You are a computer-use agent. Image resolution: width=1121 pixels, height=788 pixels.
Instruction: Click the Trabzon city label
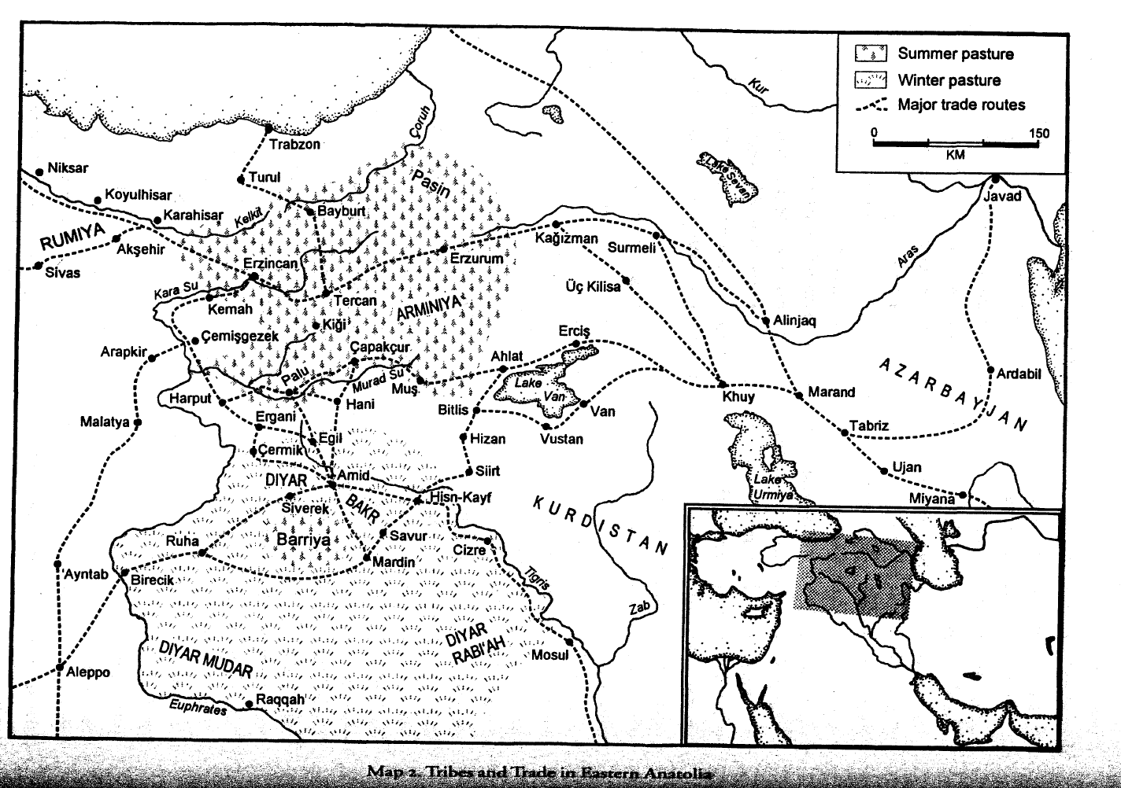(x=294, y=145)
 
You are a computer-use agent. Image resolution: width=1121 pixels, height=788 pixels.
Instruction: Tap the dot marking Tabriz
(x=844, y=432)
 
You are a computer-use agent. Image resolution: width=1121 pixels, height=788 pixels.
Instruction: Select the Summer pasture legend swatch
(x=871, y=53)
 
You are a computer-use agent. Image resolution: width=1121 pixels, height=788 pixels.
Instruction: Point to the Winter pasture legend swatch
(x=871, y=79)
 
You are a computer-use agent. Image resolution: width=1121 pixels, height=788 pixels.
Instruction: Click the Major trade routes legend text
(x=961, y=105)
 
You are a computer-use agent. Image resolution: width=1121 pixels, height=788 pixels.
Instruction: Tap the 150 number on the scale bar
(x=1039, y=133)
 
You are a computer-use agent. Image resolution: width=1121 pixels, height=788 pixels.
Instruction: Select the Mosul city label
(x=549, y=656)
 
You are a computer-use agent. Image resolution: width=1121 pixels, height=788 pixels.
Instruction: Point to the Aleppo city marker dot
(x=58, y=668)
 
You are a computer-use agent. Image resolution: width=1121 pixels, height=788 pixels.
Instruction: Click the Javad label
(x=1001, y=196)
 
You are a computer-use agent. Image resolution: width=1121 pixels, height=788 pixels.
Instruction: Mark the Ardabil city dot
(x=990, y=370)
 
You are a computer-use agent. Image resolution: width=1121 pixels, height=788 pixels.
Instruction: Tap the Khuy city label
(x=738, y=396)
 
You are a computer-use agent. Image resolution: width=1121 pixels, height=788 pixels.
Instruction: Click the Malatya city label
(x=104, y=422)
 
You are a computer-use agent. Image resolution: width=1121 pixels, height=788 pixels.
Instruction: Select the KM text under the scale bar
(x=956, y=155)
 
